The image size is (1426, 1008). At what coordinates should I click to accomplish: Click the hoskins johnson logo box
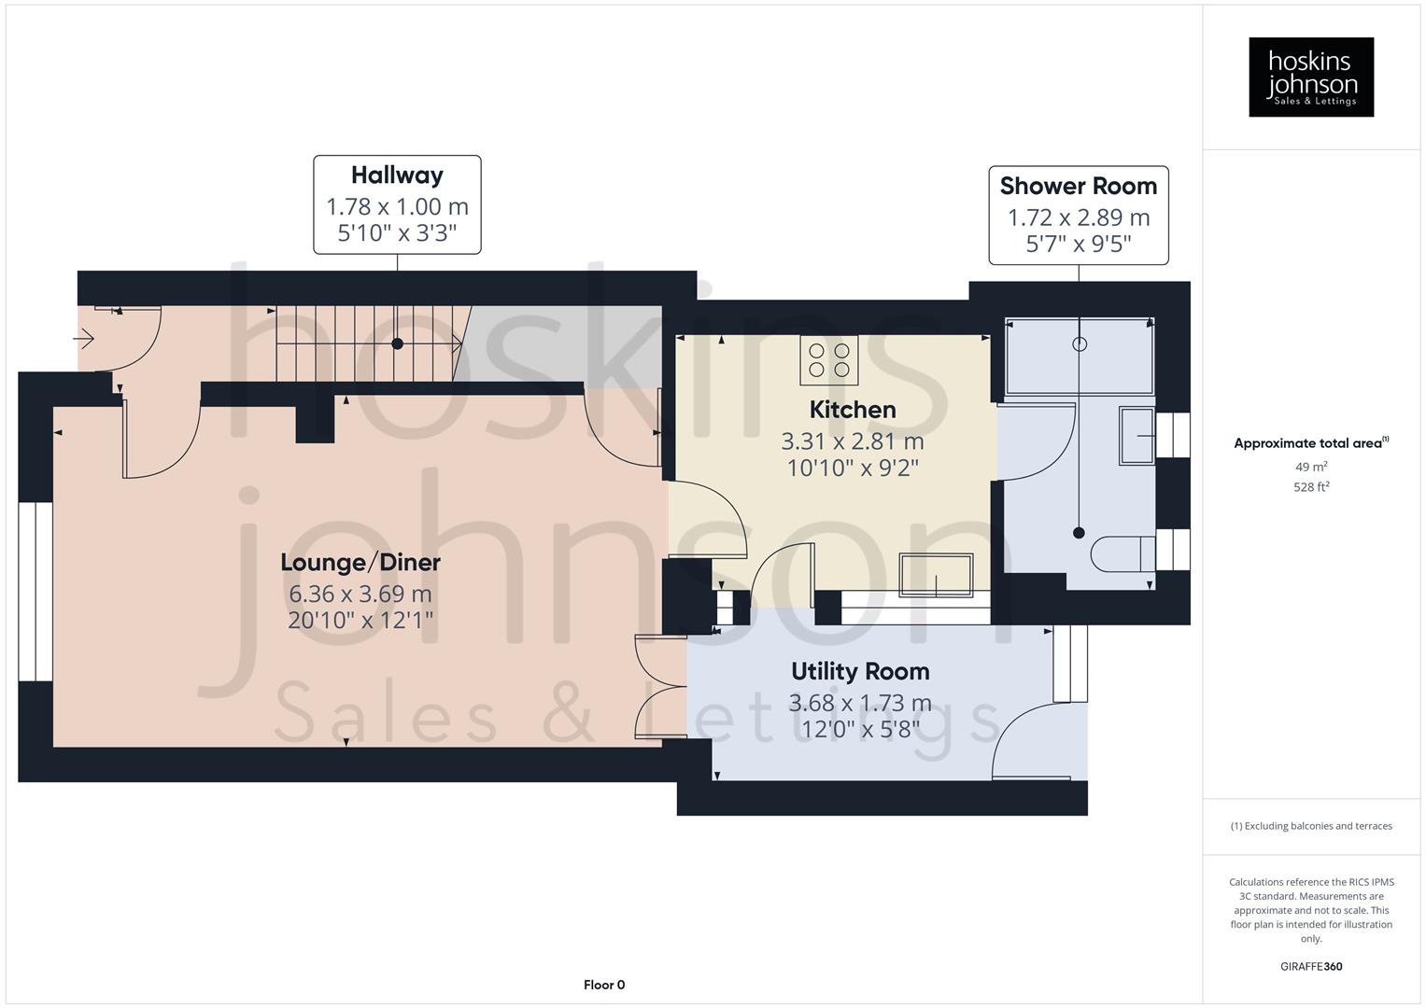tap(1310, 77)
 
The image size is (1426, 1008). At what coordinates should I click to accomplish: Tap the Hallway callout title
tap(397, 175)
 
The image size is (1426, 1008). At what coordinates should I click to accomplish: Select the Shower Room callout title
tap(1078, 186)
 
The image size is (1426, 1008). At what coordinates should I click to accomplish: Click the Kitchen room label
tap(852, 410)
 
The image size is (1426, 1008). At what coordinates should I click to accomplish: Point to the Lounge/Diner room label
tap(360, 563)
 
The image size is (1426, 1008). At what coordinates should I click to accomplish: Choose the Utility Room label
tap(859, 672)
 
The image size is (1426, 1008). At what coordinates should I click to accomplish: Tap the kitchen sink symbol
tap(935, 575)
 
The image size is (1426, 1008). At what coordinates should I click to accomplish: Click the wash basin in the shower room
tap(1137, 435)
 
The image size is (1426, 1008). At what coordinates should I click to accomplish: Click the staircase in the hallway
tap(367, 343)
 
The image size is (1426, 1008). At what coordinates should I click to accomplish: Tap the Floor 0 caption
tap(603, 985)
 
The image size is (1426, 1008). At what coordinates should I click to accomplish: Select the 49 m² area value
tap(1310, 467)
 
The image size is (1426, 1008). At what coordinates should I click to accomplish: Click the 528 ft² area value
tap(1310, 486)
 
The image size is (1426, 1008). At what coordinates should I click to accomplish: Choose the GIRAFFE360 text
tap(1310, 966)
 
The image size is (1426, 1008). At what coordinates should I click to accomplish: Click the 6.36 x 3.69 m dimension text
tap(360, 594)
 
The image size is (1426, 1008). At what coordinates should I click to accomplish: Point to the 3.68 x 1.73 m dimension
tap(859, 703)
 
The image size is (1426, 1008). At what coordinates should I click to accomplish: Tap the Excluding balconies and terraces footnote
tap(1310, 826)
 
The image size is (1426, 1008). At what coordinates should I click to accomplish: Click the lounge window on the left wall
tap(35, 592)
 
